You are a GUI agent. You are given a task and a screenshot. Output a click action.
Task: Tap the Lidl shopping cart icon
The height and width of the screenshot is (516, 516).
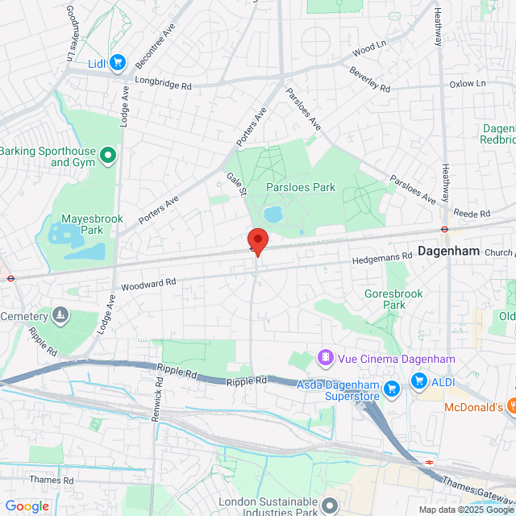point(117,62)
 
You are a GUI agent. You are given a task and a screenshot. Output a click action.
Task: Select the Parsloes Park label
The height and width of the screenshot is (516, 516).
point(301,187)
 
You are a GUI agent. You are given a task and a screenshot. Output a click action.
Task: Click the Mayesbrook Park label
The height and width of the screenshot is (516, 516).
point(83,224)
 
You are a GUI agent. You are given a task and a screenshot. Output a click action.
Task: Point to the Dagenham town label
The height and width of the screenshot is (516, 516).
point(448,252)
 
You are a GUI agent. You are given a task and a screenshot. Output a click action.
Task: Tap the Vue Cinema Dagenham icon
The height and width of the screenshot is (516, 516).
point(325,357)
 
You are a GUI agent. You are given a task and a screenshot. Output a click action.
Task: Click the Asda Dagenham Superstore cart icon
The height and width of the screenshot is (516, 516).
point(392,389)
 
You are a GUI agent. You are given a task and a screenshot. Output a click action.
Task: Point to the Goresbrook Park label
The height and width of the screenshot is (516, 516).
point(393,299)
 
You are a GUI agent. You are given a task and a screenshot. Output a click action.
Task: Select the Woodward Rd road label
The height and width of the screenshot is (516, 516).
point(148,284)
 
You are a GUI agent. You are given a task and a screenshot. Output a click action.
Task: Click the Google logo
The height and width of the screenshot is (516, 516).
point(27,506)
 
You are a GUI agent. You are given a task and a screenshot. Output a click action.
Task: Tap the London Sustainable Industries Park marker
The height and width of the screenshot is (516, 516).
point(330,506)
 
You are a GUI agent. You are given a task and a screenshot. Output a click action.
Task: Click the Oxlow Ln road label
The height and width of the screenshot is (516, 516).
point(468,83)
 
